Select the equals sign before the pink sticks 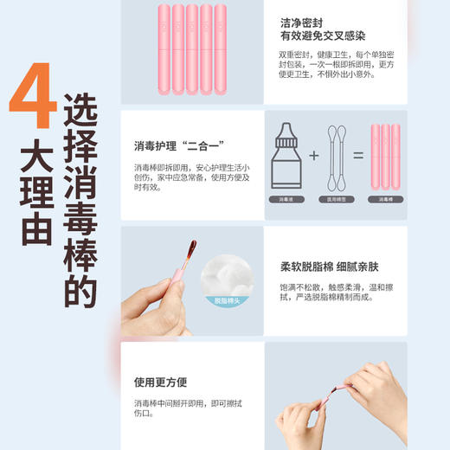(357, 158)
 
